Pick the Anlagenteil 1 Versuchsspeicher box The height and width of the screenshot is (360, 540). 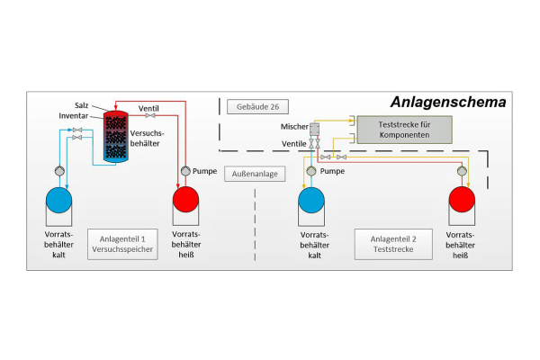tap(123, 245)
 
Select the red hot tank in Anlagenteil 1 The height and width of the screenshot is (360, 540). tap(187, 197)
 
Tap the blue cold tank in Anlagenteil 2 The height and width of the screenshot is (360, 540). tap(311, 197)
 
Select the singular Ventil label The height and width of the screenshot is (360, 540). tap(149, 109)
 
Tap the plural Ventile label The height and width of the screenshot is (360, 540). tap(294, 144)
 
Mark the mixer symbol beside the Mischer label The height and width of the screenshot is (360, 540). tap(315, 128)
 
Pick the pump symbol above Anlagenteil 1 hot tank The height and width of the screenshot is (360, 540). tap(186, 171)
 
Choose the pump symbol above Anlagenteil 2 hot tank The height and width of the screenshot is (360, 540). tap(463, 170)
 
